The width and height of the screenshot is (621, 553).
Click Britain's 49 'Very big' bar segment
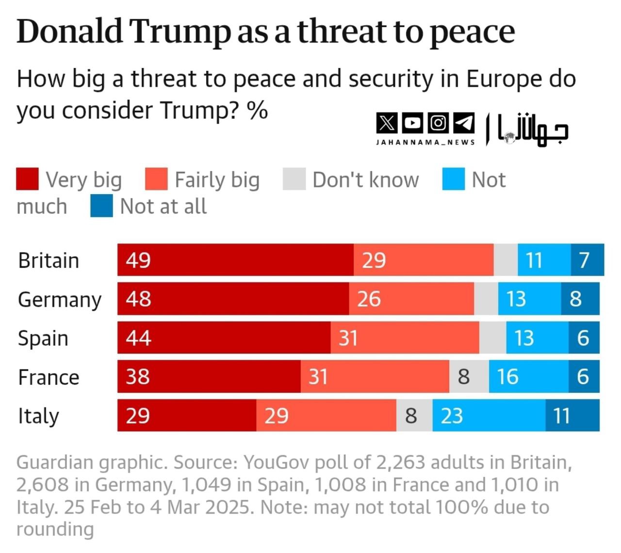click(x=235, y=260)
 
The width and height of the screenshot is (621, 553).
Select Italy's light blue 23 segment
click(x=489, y=415)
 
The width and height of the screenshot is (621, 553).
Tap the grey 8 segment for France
click(x=469, y=376)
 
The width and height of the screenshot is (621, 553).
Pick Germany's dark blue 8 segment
click(x=580, y=299)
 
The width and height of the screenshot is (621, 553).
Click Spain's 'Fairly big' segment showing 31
click(x=405, y=338)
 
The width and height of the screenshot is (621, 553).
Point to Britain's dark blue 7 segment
click(x=587, y=260)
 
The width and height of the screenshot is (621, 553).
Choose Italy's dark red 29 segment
click(x=187, y=415)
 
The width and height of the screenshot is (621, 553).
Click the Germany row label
click(x=60, y=300)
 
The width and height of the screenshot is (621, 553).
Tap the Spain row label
click(x=43, y=339)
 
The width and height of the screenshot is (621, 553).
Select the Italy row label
click(x=38, y=416)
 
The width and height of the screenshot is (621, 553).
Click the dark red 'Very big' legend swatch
click(x=27, y=179)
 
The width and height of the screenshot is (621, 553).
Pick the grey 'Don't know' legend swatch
click(x=294, y=179)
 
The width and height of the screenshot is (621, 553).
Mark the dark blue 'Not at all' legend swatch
click(x=101, y=206)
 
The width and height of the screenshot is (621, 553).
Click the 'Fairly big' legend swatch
click(x=156, y=179)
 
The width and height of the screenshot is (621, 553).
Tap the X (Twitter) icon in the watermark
click(x=387, y=123)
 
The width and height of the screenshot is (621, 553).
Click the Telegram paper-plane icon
click(x=464, y=123)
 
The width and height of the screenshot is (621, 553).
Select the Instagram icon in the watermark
click(x=438, y=123)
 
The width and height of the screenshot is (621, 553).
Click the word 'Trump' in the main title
click(x=180, y=32)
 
